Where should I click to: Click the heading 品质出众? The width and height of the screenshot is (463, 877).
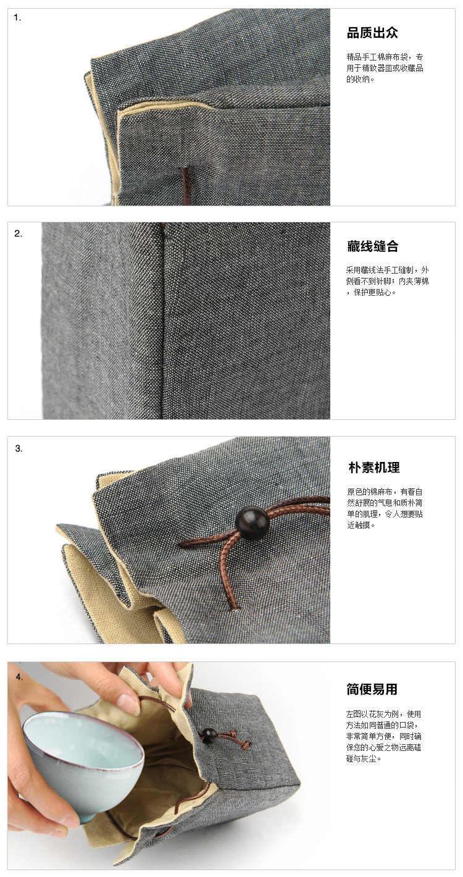tap(372, 33)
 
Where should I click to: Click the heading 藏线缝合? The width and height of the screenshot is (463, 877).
tap(372, 246)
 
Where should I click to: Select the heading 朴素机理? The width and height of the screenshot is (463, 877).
tap(374, 468)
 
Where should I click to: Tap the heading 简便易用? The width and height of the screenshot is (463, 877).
tap(372, 689)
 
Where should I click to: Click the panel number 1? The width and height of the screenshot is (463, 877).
tap(17, 18)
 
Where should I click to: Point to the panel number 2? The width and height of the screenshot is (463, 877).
tap(19, 233)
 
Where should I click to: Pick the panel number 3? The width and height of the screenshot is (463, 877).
tap(19, 448)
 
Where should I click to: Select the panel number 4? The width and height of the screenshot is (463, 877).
tap(19, 677)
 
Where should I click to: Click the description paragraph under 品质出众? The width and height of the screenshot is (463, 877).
tap(385, 68)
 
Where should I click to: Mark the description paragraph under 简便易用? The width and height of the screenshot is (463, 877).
tap(383, 736)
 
